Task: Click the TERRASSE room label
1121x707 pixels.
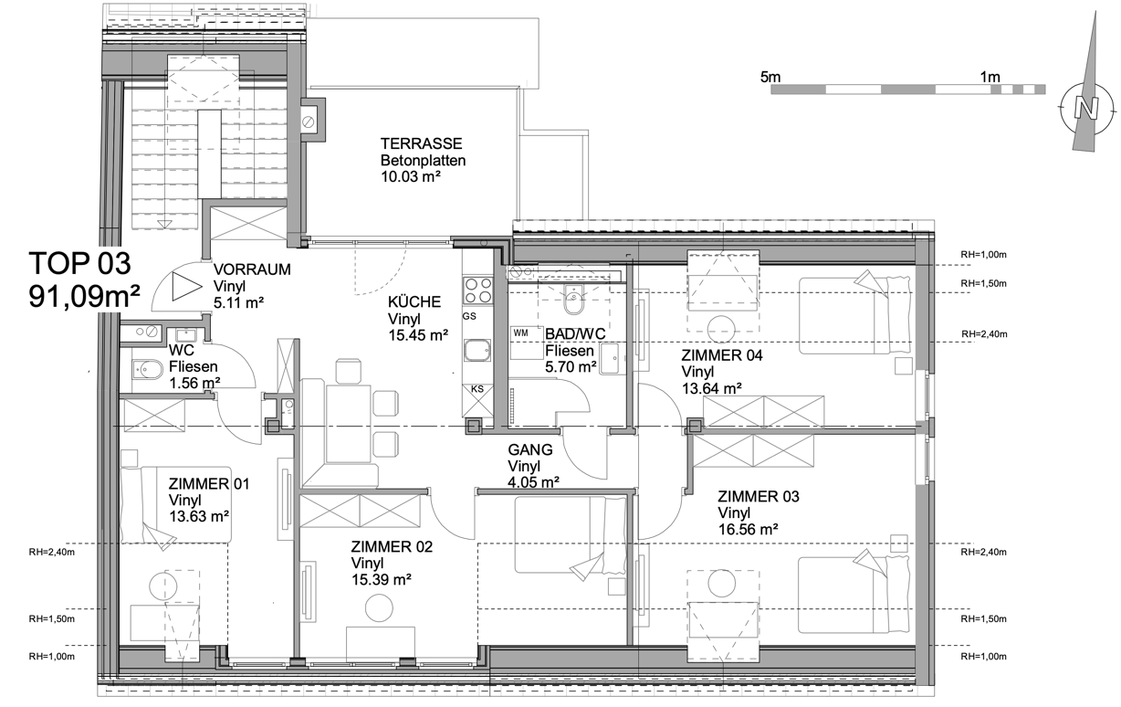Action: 421,143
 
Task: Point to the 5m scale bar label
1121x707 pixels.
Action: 770,77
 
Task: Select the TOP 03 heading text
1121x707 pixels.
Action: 79,263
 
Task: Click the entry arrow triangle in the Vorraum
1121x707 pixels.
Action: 186,287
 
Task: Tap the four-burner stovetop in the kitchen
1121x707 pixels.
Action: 478,290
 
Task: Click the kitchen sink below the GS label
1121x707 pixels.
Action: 477,350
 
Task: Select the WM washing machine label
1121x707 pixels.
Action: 520,333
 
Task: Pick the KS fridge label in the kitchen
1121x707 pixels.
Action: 477,389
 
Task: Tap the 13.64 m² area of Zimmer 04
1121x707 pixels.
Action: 712,388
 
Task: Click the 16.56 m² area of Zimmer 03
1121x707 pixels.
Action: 749,529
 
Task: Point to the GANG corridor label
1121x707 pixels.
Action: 530,449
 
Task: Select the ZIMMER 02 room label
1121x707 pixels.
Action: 392,547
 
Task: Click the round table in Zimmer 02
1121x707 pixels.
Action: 379,607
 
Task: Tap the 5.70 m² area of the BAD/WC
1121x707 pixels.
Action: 571,367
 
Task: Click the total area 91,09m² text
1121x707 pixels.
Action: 84,297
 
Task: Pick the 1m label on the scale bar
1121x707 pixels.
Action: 990,77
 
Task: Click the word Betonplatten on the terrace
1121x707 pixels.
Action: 423,160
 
